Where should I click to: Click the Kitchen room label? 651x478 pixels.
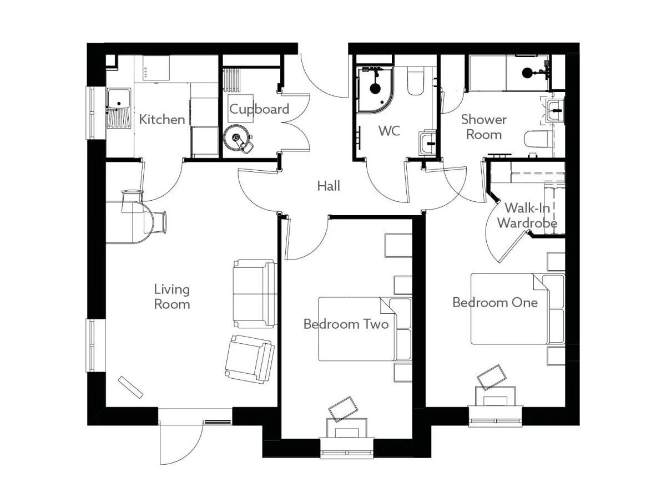click(162, 119)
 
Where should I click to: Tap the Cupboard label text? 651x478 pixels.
click(259, 109)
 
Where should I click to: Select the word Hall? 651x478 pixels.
click(329, 186)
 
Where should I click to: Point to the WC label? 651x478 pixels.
click(389, 132)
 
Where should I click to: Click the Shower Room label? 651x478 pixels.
click(484, 127)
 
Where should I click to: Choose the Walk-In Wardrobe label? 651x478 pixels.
click(527, 216)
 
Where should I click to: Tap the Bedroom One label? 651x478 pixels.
click(494, 303)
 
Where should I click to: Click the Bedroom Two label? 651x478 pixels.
click(346, 324)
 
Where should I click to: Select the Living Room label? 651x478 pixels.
click(171, 297)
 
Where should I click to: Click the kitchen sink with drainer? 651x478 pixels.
click(118, 108)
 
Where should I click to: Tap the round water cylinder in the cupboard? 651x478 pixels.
click(238, 138)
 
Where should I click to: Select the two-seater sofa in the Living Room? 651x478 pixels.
click(255, 293)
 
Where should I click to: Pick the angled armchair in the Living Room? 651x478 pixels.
click(249, 359)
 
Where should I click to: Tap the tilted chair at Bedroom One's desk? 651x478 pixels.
click(492, 378)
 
